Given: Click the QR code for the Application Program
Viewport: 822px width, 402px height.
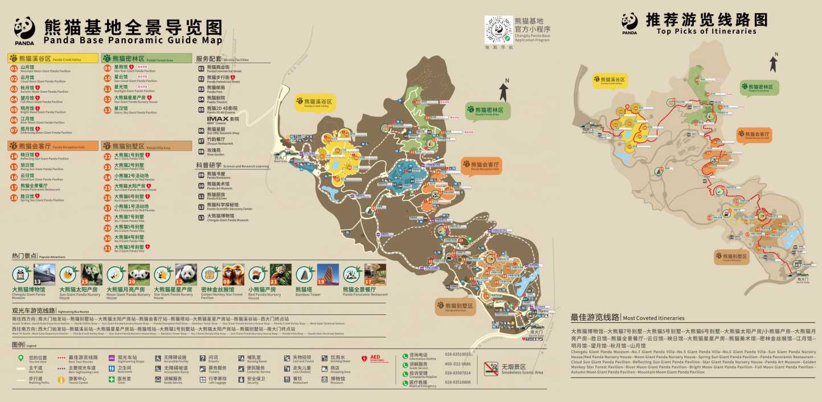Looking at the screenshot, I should (x=498, y=29).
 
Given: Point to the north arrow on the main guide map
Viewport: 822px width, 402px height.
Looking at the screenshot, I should (x=503, y=92).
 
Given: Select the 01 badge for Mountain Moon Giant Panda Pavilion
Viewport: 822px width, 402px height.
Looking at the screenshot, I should (x=14, y=68).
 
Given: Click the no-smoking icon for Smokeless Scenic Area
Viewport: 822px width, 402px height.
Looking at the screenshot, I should (x=491, y=368).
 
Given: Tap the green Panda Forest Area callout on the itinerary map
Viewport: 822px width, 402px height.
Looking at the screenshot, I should (x=757, y=88).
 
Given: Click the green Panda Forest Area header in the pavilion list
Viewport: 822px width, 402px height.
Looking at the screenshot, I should (x=146, y=59).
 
